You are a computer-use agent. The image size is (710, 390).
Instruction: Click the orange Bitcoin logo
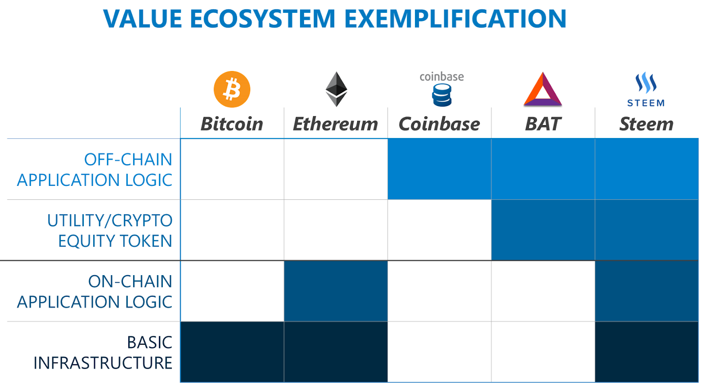point(232,89)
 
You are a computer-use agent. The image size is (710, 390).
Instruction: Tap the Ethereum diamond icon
point(336,89)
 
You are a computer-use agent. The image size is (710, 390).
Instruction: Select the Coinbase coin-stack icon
point(442,95)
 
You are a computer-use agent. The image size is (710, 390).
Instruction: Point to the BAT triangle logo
point(543,89)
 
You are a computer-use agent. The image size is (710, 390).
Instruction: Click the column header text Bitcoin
point(232,124)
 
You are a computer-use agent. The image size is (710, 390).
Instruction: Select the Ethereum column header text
point(335,124)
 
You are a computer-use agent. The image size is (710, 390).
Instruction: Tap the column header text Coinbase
point(439,124)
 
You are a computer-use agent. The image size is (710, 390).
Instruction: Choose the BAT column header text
point(543,124)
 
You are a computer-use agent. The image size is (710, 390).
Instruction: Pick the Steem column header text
point(646,124)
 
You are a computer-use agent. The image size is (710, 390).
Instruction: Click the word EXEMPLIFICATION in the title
point(455,19)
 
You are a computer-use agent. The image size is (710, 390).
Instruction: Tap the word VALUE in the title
point(142,19)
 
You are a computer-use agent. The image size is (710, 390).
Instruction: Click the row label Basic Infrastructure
point(103,352)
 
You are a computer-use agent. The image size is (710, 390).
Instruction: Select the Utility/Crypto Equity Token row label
point(110,230)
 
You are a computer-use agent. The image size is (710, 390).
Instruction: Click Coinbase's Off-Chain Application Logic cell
point(439,169)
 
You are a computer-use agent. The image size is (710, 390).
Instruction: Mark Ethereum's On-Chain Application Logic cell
point(335,291)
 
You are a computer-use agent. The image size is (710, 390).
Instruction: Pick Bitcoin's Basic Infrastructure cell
point(232,352)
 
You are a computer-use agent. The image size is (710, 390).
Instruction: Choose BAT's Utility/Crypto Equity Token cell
point(543,230)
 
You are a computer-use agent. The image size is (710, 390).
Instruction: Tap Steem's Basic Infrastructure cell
point(647,352)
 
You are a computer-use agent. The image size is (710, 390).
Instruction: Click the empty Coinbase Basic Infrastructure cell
point(439,352)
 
